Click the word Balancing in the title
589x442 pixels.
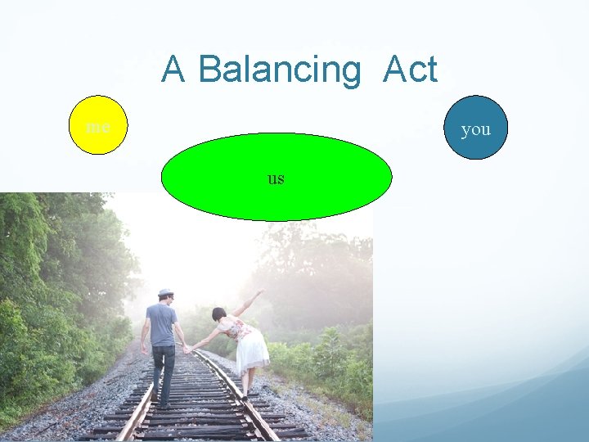point(278,70)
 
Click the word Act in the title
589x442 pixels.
point(410,70)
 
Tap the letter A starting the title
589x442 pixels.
point(173,70)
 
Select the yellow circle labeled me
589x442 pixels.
point(98,125)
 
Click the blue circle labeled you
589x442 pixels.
point(475,128)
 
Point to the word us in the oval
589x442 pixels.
point(276,178)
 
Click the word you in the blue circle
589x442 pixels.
point(475,129)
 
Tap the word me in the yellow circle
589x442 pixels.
point(98,128)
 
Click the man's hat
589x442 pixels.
point(166,293)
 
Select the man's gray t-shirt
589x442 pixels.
point(162,323)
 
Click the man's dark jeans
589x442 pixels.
point(164,368)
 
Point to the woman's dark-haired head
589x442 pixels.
point(218,314)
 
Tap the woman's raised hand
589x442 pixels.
point(261,291)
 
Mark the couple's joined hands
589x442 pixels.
point(188,350)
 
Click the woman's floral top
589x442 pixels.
point(236,329)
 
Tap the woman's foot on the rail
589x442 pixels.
point(243,398)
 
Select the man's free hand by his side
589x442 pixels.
point(144,349)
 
